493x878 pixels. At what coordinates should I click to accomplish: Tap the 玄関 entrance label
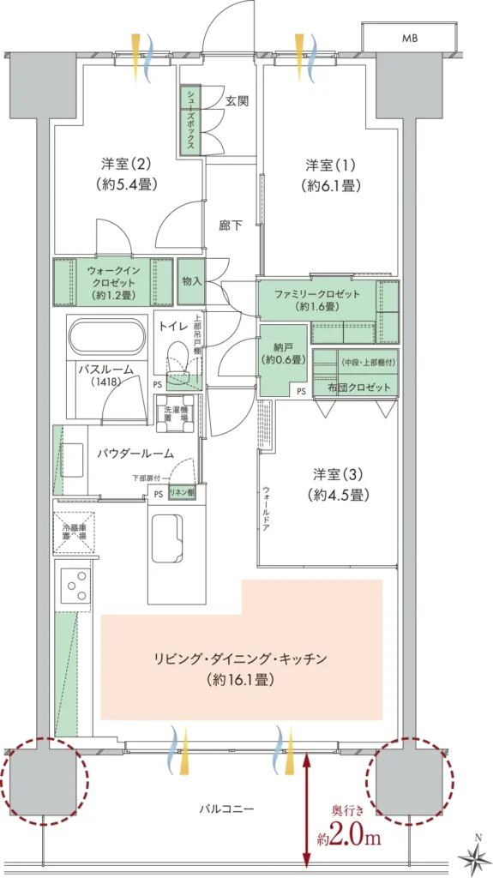click(237, 100)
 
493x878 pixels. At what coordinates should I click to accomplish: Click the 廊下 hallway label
click(230, 226)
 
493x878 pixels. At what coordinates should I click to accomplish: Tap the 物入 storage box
click(191, 281)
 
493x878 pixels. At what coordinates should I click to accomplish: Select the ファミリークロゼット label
click(317, 299)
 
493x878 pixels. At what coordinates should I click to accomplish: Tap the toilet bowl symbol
click(178, 359)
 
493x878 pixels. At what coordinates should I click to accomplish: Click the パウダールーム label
click(135, 454)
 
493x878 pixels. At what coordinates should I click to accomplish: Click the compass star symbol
click(473, 854)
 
